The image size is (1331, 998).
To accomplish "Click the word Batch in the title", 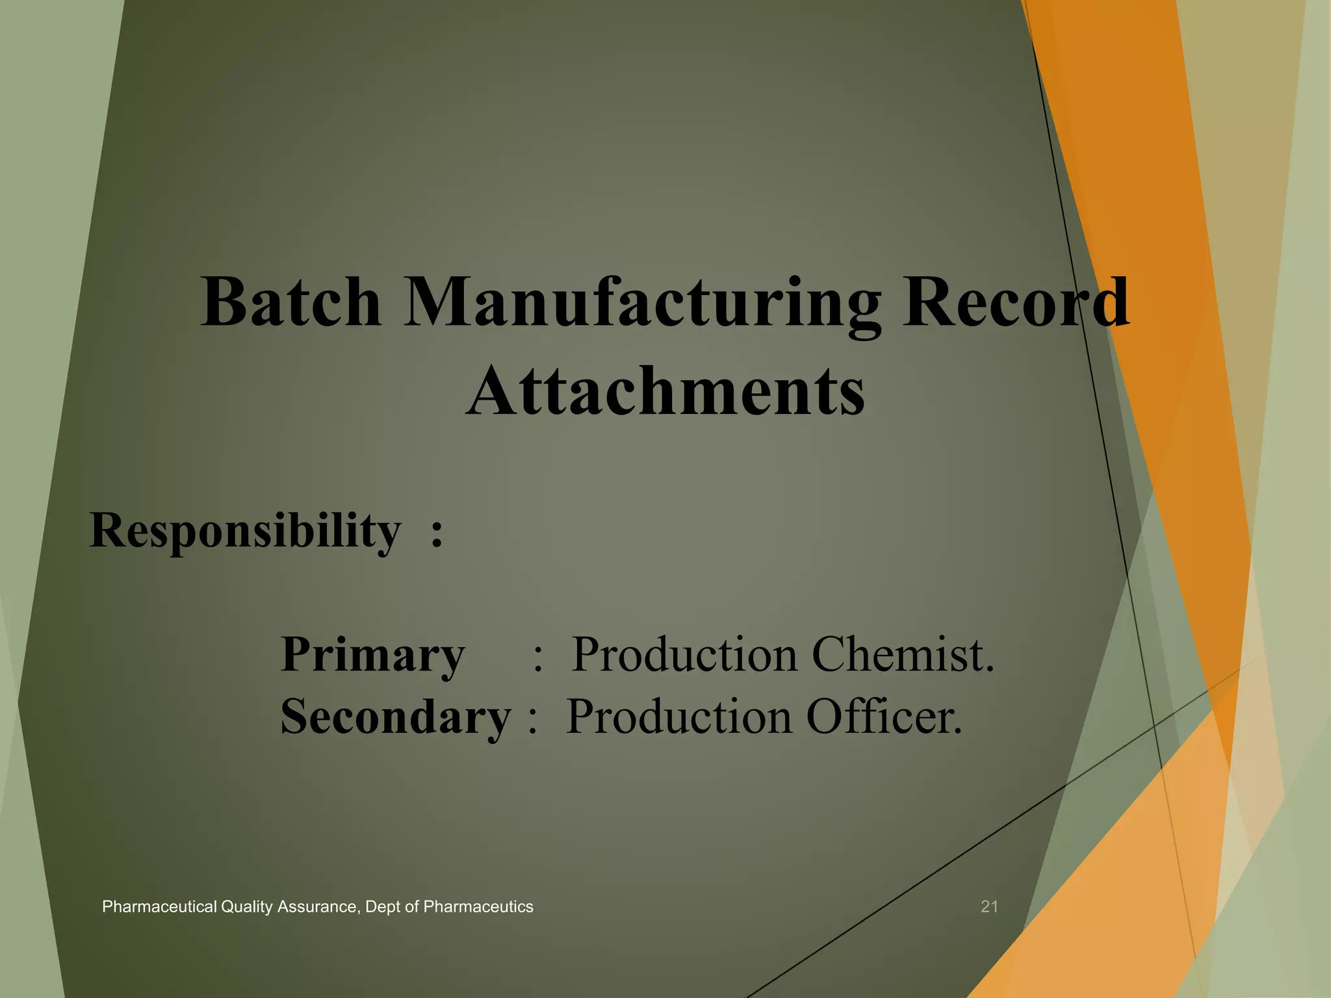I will (x=291, y=303).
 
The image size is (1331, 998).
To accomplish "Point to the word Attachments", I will (x=665, y=391).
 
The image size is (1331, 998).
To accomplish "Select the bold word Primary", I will (x=372, y=655).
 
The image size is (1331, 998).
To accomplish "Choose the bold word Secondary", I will (x=396, y=717).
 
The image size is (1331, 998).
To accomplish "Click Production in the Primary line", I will (x=684, y=655).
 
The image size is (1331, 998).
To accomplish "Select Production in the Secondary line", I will (x=679, y=717).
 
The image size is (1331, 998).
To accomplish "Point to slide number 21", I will (x=989, y=906).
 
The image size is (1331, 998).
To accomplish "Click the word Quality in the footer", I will (x=246, y=907).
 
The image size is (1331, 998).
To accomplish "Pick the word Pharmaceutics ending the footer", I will (x=478, y=907).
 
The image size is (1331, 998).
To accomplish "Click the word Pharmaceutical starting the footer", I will (x=159, y=907).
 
